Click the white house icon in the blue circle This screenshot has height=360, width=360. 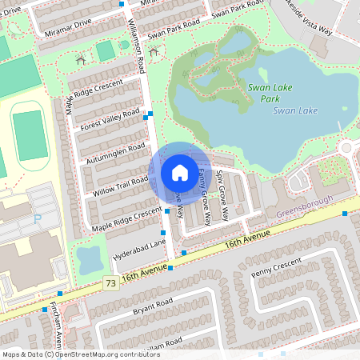[x=179, y=173]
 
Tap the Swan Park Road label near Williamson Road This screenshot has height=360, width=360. [x=174, y=30]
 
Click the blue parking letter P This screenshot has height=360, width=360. [x=36, y=218]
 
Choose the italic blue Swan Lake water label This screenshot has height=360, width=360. [x=295, y=110]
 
